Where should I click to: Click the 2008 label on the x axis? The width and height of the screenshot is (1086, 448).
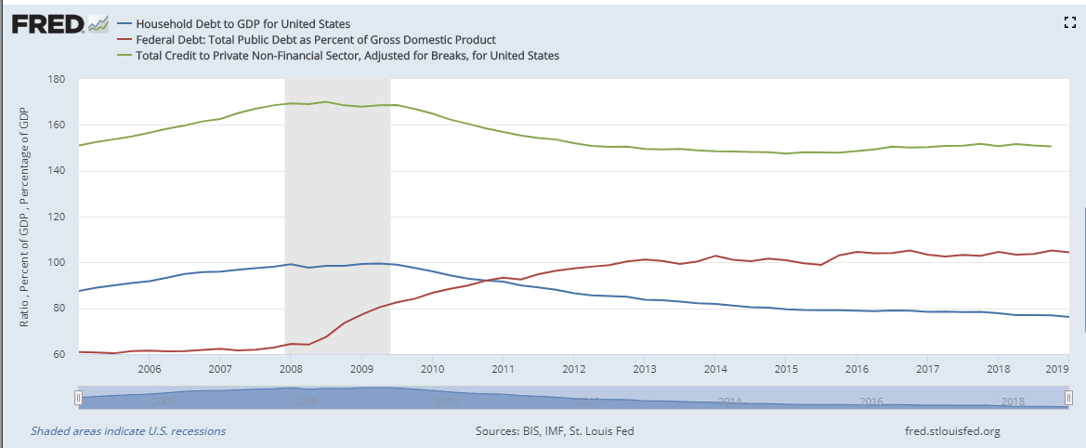coord(291,368)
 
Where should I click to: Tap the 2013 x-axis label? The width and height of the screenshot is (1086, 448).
coord(644,368)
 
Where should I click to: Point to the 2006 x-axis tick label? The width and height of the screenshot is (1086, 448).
coord(150,368)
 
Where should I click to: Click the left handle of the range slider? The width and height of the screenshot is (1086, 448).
coord(79,398)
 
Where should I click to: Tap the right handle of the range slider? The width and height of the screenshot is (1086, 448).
coord(1069,398)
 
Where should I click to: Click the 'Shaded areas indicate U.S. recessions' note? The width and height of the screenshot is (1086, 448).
coord(128,431)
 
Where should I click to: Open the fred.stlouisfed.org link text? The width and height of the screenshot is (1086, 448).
coord(952,431)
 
